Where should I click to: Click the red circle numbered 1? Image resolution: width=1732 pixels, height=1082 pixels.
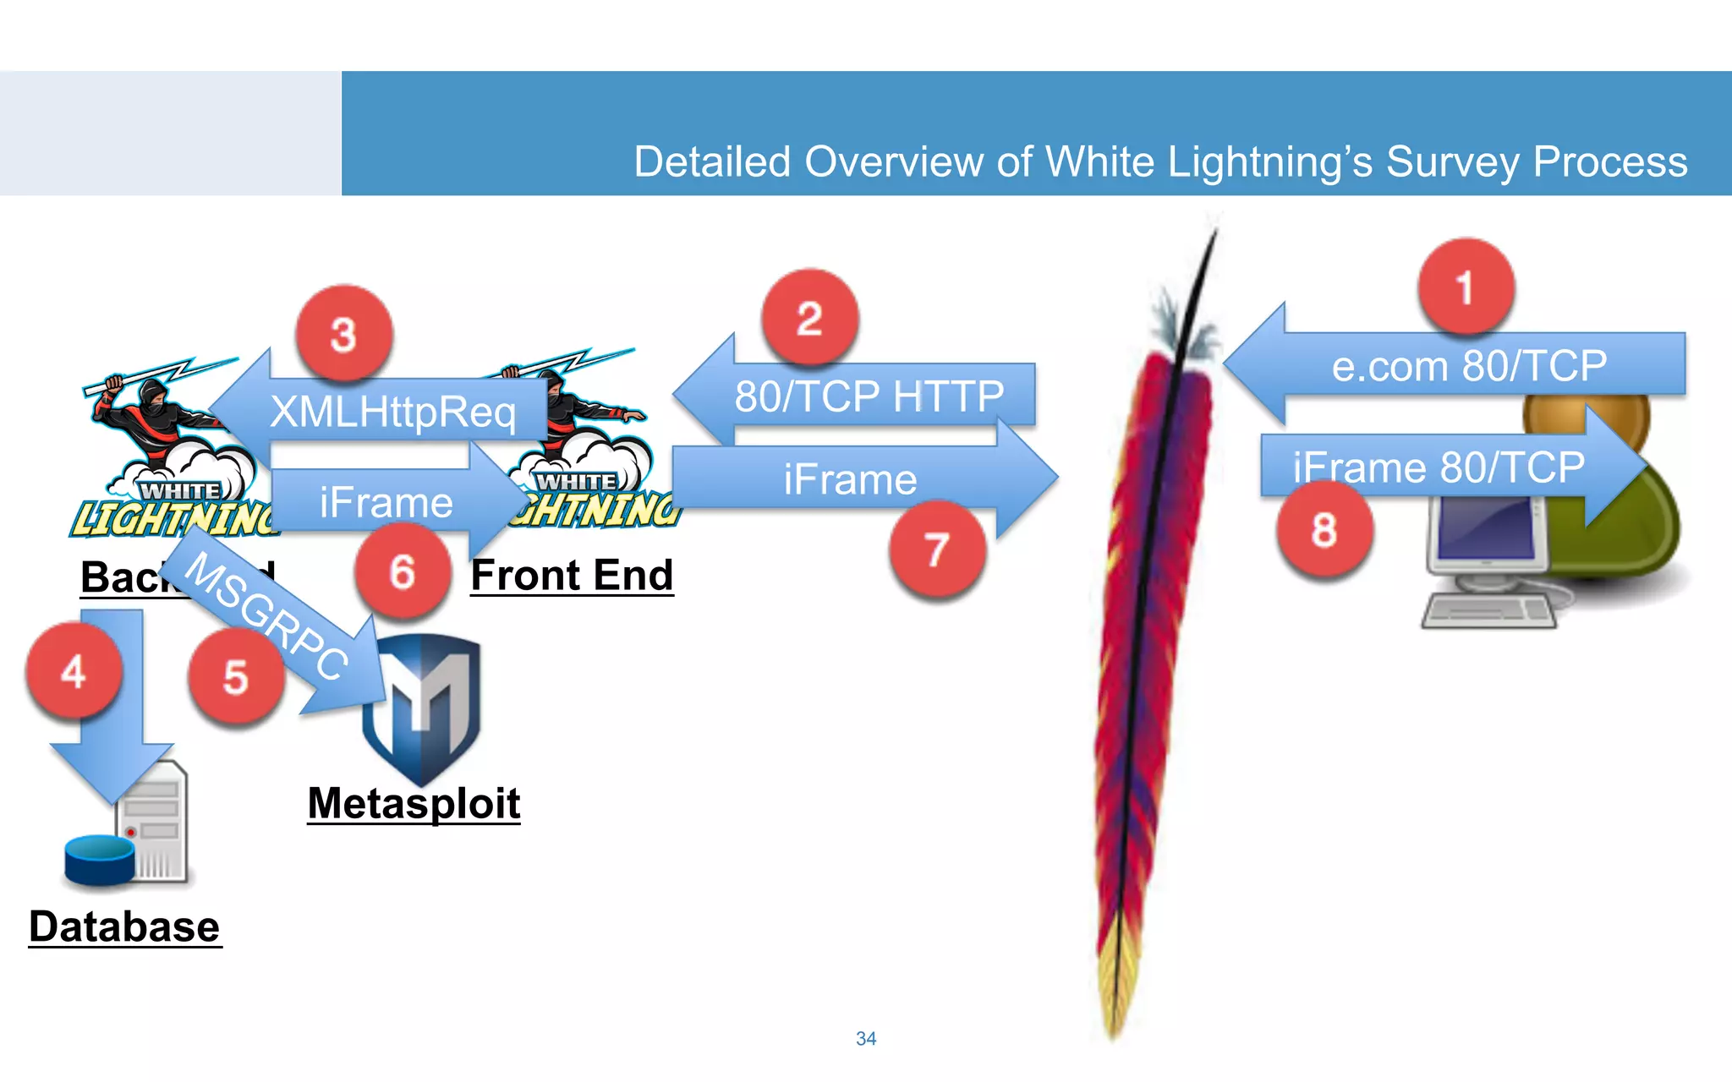(x=1466, y=287)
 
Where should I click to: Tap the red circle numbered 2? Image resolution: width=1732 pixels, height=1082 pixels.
(x=809, y=318)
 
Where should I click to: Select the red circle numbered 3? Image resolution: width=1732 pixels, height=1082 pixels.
(x=343, y=334)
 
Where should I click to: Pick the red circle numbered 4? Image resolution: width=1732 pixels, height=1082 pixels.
(x=74, y=671)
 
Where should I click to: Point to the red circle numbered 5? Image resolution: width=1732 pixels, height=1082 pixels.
(x=236, y=677)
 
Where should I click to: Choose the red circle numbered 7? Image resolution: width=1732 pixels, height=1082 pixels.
(x=936, y=549)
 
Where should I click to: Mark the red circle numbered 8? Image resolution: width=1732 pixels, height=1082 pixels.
(x=1324, y=530)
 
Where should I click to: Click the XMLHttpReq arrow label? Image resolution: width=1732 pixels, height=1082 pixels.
(x=392, y=412)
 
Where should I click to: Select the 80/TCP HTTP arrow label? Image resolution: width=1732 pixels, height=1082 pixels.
(x=869, y=396)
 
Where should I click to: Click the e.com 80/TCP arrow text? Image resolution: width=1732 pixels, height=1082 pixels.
(x=1469, y=365)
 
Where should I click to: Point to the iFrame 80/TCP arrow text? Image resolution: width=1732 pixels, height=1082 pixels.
(x=1438, y=467)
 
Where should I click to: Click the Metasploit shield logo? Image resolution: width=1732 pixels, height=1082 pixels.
(x=422, y=707)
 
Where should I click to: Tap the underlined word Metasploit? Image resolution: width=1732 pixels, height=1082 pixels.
(x=414, y=802)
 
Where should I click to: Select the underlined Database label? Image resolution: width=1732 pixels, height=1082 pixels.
(x=124, y=926)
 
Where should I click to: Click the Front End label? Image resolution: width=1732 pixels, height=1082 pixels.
(x=572, y=575)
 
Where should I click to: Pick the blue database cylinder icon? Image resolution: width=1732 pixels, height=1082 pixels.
(x=100, y=858)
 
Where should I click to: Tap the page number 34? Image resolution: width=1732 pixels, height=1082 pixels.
(x=866, y=1038)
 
